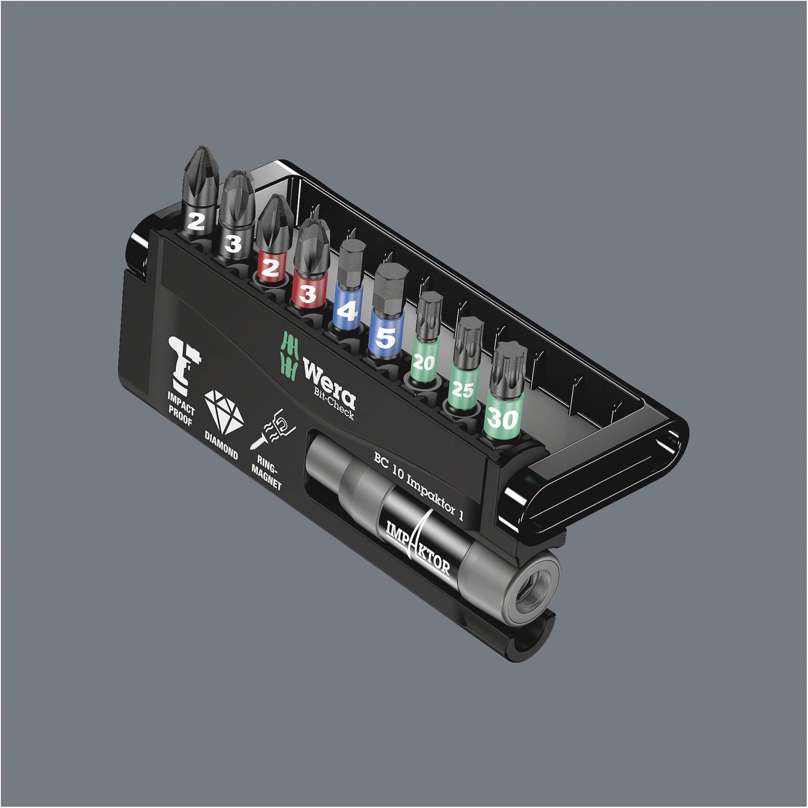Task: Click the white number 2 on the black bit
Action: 196,221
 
